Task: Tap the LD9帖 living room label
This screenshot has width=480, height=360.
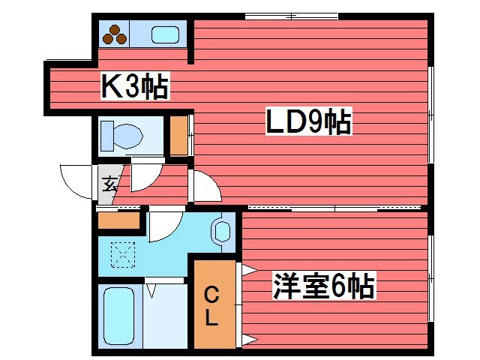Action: click(308, 122)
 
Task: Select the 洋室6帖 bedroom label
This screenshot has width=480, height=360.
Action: click(323, 286)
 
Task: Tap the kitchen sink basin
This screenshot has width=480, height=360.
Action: click(165, 34)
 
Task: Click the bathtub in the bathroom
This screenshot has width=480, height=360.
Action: click(118, 315)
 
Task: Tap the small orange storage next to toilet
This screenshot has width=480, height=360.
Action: click(178, 135)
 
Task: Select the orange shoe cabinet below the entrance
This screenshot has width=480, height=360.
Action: click(119, 220)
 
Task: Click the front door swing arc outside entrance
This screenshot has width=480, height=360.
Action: click(77, 180)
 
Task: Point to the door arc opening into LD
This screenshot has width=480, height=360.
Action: click(206, 185)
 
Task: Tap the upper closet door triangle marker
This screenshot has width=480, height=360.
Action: click(248, 269)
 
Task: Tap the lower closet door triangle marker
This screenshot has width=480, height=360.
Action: click(248, 340)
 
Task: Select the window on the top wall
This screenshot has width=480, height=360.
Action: click(291, 16)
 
